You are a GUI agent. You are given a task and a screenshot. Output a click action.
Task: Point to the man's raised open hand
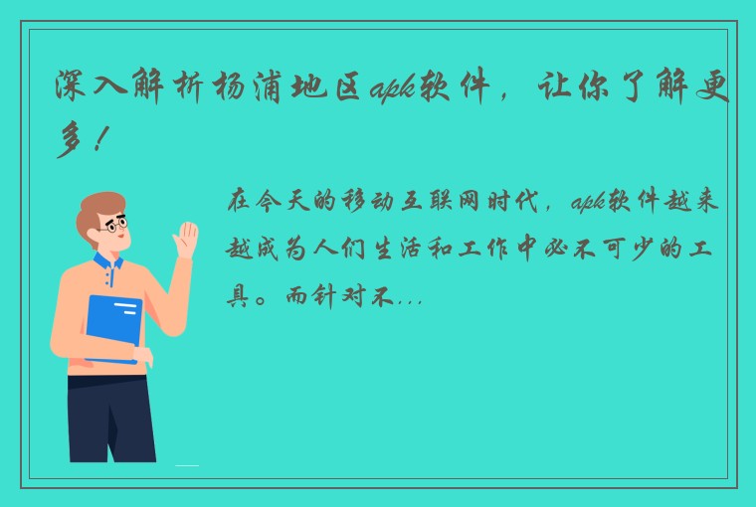tap(185, 242)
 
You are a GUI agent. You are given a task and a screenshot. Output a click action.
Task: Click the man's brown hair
tap(99, 204)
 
